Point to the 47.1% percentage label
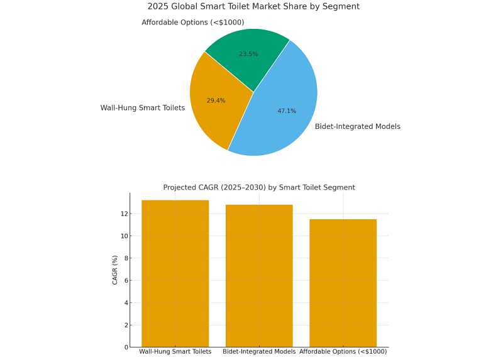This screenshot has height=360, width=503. (287, 111)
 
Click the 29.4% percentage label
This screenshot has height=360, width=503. (216, 101)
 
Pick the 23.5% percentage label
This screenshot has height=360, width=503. (248, 54)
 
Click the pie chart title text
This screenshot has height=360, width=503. (253, 6)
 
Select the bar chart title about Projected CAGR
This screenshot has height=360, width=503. (259, 187)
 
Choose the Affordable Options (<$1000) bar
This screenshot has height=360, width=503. (343, 283)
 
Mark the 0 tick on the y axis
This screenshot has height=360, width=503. (126, 347)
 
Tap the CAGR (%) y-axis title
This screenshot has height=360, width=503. (115, 270)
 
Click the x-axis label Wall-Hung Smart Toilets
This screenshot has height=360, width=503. (175, 352)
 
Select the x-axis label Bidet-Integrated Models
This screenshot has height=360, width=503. (259, 352)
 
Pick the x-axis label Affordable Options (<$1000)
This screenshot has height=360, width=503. (343, 352)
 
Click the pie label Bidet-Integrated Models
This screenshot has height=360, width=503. (357, 126)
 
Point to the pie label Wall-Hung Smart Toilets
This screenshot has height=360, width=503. (143, 108)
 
